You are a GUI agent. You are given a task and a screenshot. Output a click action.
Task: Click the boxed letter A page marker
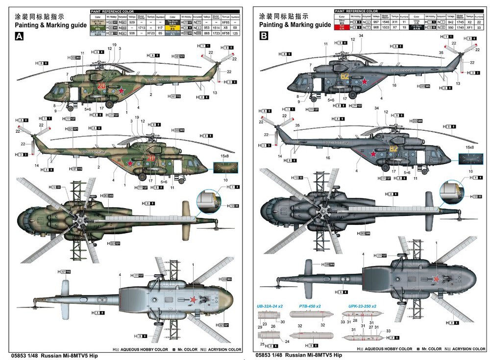[20, 36]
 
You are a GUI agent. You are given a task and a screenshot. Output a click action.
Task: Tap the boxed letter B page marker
[265, 36]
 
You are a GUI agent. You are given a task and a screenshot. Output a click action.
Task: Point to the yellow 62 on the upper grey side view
[345, 76]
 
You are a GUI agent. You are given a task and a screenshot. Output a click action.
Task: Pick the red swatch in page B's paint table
[342, 27]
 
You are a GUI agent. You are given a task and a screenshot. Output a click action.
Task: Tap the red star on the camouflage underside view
[193, 300]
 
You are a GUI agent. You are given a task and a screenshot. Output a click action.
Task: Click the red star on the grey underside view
[435, 278]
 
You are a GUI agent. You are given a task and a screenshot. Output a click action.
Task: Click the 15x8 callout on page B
[469, 147]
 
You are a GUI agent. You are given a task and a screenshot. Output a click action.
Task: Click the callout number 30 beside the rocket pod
[283, 321]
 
